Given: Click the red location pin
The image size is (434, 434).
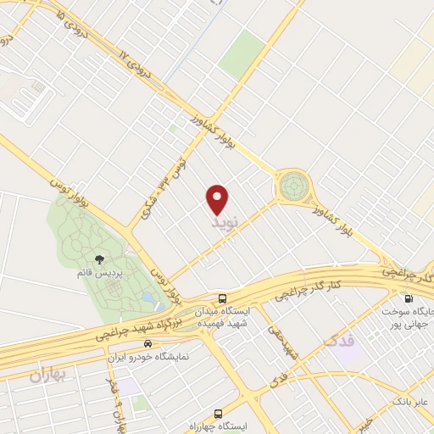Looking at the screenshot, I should [218, 198].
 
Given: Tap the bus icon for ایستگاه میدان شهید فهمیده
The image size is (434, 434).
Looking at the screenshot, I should [221, 298].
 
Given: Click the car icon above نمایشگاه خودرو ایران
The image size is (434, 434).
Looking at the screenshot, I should [148, 344].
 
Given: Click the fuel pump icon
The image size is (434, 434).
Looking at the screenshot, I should [409, 298].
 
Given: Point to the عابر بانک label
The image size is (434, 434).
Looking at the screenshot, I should [410, 399].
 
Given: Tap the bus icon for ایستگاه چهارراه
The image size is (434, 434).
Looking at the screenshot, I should [219, 415].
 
